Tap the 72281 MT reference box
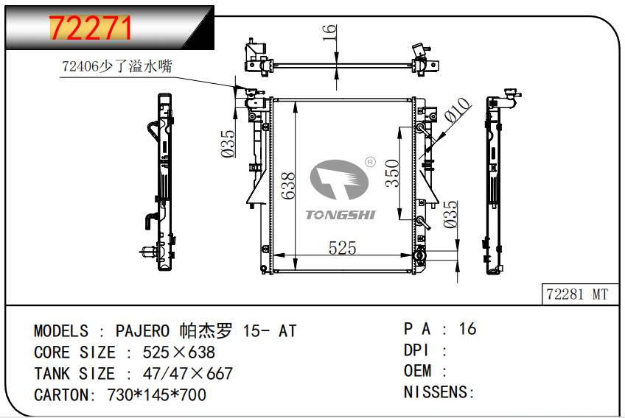click(577, 294)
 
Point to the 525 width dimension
click(342, 248)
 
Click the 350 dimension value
click(393, 174)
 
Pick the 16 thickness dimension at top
click(329, 32)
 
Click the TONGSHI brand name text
click(341, 214)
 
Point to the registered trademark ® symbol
click(370, 161)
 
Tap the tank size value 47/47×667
click(180, 373)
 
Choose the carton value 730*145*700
click(157, 394)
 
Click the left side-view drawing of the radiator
click(164, 182)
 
